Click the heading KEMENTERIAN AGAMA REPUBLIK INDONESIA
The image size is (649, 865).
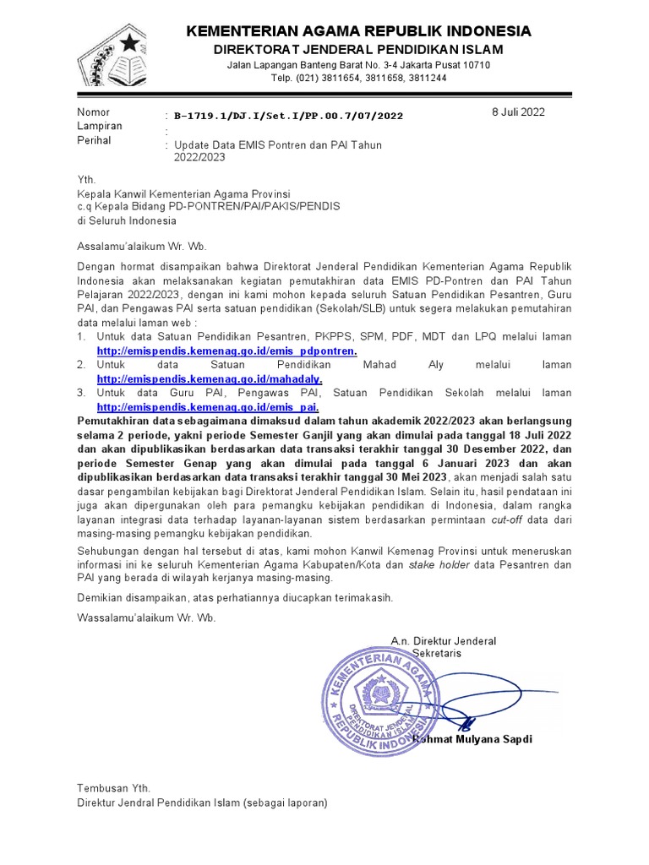click(x=358, y=31)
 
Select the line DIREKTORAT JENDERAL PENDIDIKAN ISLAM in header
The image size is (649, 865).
click(x=357, y=49)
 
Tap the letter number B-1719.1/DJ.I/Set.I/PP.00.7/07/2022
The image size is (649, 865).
click(x=288, y=116)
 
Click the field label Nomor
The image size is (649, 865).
click(x=94, y=112)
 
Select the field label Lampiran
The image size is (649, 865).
click(x=100, y=126)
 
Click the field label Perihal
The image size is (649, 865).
click(x=95, y=140)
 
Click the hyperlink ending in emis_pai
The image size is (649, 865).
click(x=207, y=407)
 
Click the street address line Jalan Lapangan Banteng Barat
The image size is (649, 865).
click(x=358, y=65)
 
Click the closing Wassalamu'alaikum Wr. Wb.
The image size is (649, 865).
click(x=146, y=617)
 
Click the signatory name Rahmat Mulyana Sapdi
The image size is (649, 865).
click(x=473, y=739)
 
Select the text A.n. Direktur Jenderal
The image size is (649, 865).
click(x=443, y=640)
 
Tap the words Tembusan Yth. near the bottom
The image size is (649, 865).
click(x=113, y=788)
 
